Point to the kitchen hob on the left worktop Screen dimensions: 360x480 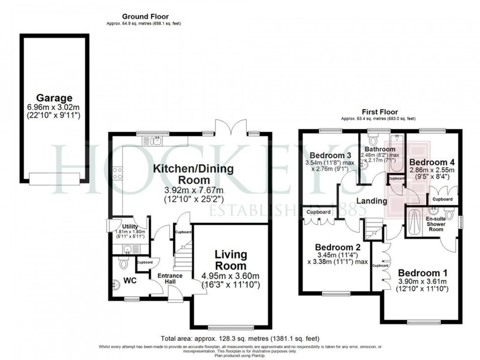118,174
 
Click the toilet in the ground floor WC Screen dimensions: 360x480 122,263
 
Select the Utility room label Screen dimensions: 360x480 130,227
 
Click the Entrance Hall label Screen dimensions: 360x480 170,279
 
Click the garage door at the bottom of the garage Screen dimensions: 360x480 55,178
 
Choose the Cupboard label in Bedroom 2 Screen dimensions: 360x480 318,212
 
